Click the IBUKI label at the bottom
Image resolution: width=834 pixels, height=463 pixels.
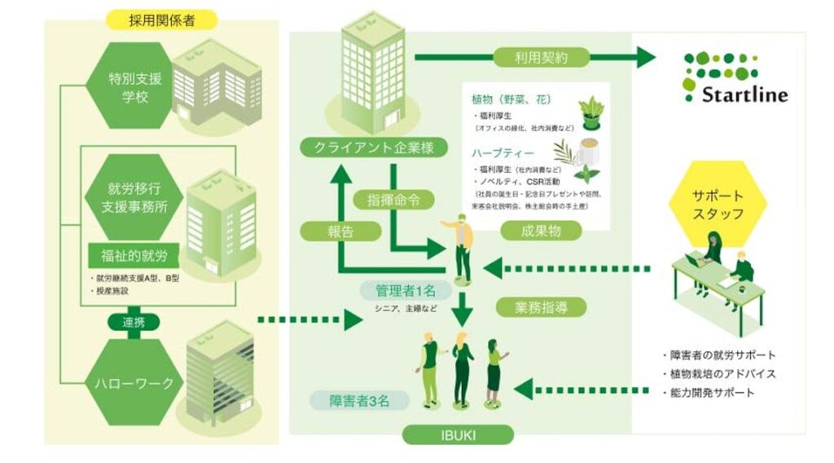point(459,434)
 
